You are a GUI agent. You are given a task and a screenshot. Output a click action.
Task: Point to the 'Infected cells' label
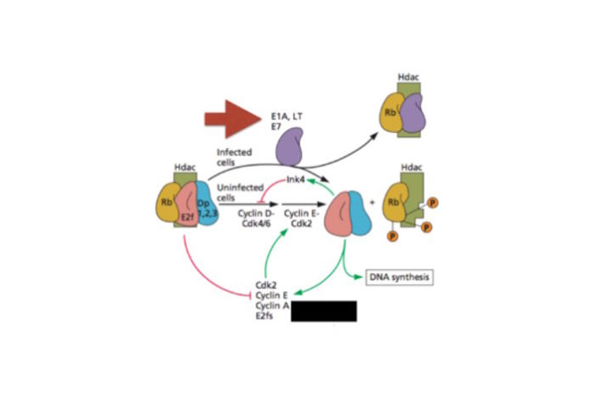point(234,156)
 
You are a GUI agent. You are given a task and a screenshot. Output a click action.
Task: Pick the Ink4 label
point(296,180)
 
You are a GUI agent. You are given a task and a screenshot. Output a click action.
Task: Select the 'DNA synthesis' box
point(397,277)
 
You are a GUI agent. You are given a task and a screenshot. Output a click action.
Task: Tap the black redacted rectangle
point(323,310)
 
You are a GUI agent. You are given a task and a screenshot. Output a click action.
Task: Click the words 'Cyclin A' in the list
point(270,304)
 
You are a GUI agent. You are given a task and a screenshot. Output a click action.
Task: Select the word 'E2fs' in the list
point(265,315)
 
